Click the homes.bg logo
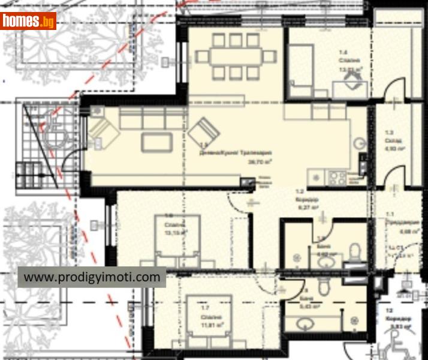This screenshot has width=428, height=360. tap(29, 21)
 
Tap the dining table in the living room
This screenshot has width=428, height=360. tap(236, 56)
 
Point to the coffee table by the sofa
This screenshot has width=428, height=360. tap(156, 142)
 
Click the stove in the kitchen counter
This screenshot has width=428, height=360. tap(336, 177)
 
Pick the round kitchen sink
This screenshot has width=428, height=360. tap(359, 143)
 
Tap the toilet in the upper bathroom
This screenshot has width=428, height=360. tap(355, 251)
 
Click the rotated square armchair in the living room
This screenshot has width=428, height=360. tap(204, 131)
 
